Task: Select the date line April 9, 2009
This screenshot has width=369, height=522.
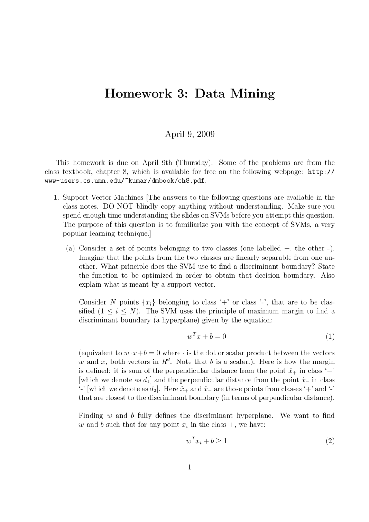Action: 190,134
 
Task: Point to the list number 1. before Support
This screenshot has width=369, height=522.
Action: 57,198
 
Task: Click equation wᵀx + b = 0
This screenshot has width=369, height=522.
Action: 206,336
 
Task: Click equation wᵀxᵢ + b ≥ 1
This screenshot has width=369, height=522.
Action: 207,441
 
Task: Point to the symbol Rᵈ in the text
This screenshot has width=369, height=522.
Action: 166,362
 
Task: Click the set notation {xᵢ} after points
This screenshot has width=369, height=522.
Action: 149,302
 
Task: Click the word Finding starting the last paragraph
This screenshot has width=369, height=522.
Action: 91,416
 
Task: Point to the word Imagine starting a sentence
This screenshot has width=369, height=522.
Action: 91,257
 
